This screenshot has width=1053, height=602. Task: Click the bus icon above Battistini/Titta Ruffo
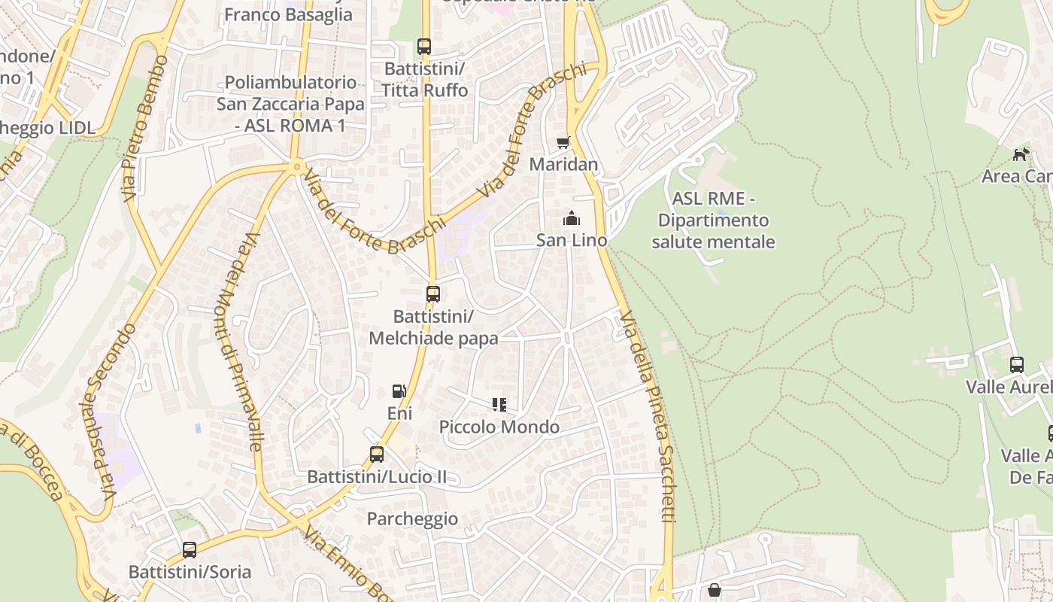[x=424, y=47]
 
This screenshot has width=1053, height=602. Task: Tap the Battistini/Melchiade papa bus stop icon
[x=433, y=294]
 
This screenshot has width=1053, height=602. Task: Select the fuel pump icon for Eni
[x=399, y=391]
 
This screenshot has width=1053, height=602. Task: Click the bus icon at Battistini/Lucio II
[x=377, y=455]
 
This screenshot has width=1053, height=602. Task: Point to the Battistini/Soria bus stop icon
[x=190, y=550]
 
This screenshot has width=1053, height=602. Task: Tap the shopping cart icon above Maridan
[x=563, y=142]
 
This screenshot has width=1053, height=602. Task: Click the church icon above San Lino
[x=571, y=219]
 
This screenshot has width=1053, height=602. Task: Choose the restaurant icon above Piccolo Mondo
[x=499, y=405]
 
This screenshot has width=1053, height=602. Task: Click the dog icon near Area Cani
[x=1021, y=154]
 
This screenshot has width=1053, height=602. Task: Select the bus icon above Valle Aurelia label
[x=1017, y=365]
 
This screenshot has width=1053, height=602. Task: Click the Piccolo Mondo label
[x=499, y=427]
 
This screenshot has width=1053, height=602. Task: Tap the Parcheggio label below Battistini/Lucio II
[x=412, y=518]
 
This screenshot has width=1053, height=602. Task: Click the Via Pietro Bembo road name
[x=144, y=127]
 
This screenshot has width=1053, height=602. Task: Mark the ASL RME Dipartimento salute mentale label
[x=713, y=220]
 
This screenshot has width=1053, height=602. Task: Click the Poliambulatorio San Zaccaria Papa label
[x=290, y=104]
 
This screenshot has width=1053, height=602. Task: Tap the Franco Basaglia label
[x=288, y=14]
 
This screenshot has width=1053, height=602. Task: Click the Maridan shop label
[x=564, y=164]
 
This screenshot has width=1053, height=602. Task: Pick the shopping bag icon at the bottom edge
[x=715, y=590]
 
